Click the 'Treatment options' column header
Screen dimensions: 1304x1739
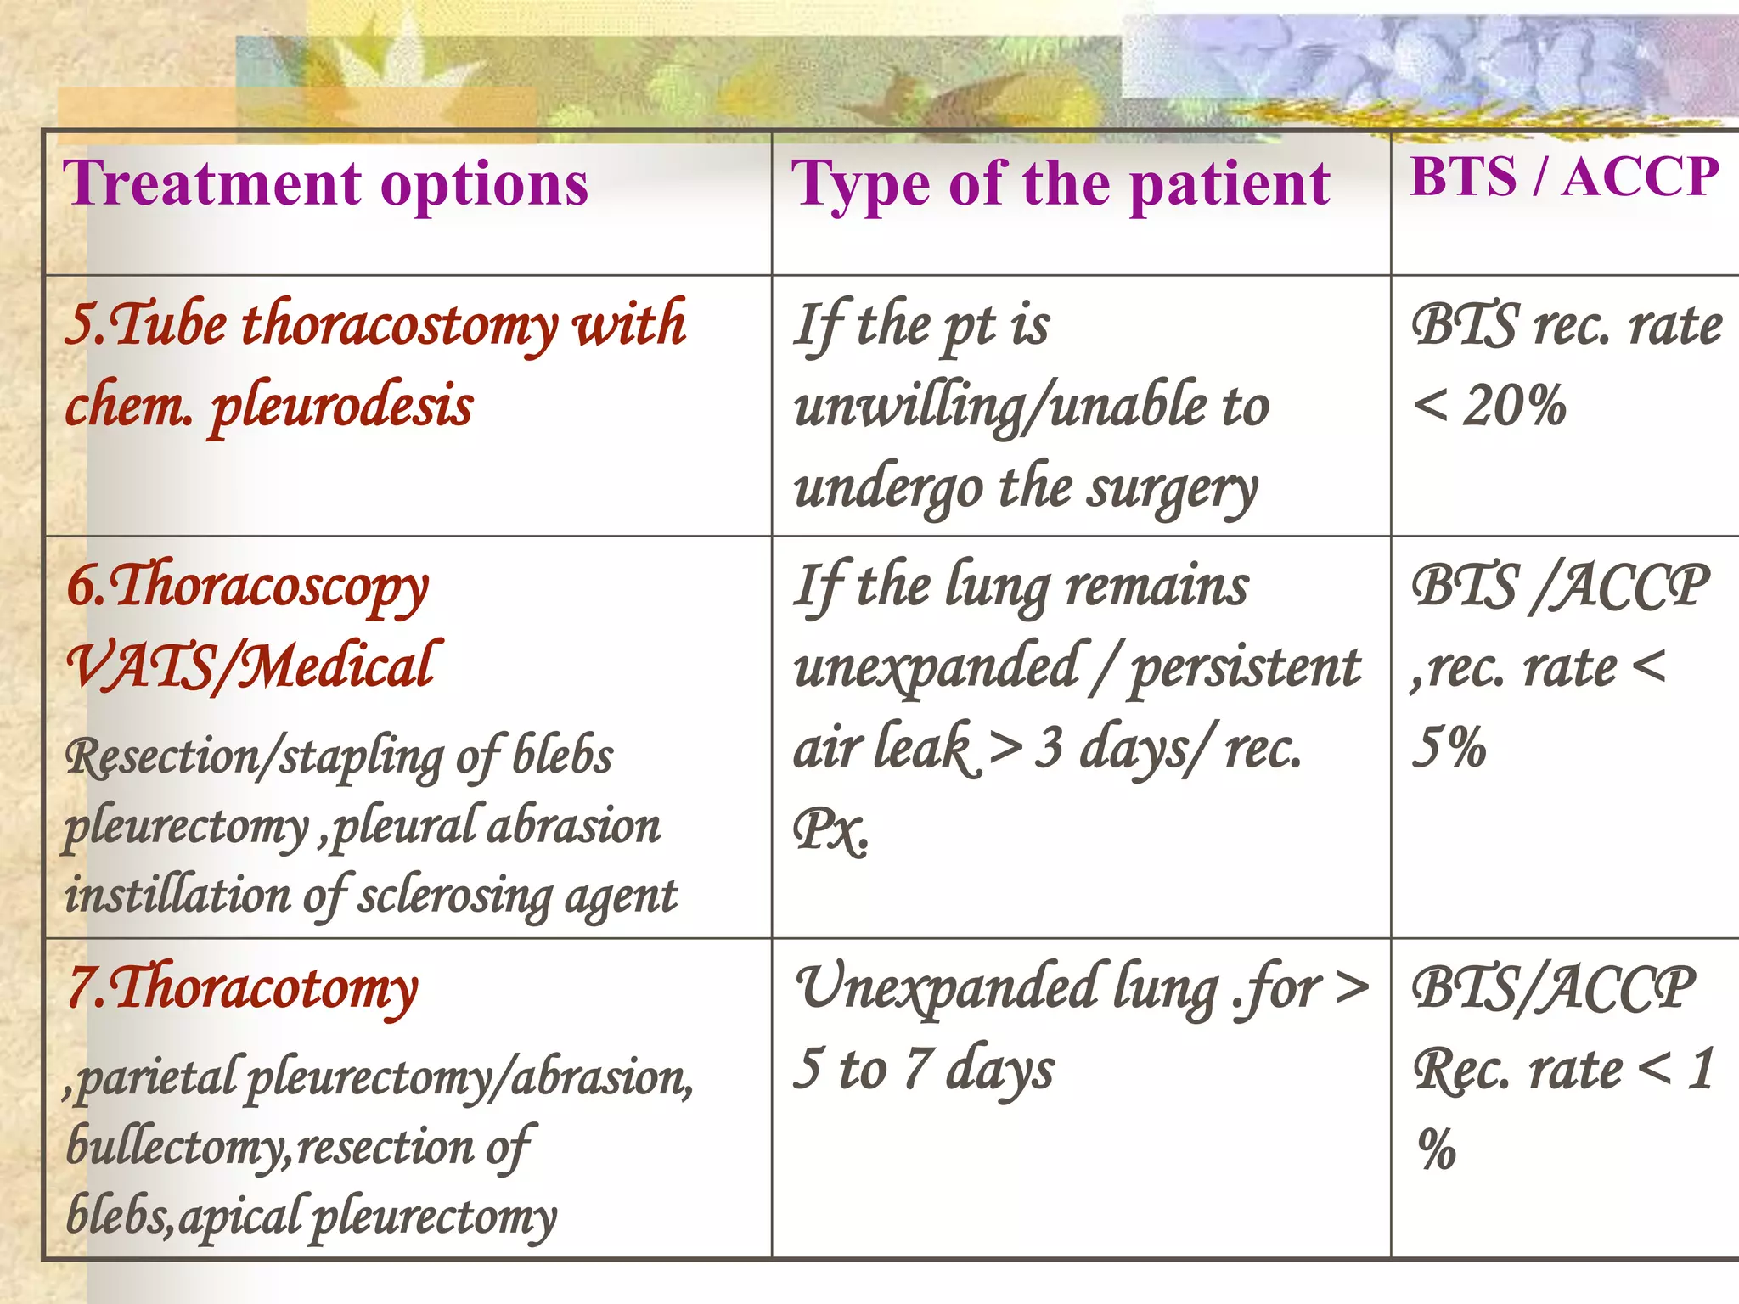pos(326,183)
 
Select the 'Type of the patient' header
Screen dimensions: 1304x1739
pos(1060,185)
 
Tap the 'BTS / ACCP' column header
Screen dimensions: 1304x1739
pos(1564,177)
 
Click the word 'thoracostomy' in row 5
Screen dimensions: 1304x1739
pos(399,325)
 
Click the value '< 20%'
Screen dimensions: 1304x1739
pos(1489,406)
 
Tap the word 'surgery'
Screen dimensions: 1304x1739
pos(1172,489)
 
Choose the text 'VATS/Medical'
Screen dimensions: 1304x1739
pos(253,666)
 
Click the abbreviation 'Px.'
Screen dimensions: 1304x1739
pos(830,829)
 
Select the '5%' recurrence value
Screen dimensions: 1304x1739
pos(1449,748)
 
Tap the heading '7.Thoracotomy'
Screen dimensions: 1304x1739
pos(243,990)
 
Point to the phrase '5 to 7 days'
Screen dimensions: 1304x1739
pos(924,1068)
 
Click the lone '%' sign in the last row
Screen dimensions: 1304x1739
pos(1437,1149)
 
